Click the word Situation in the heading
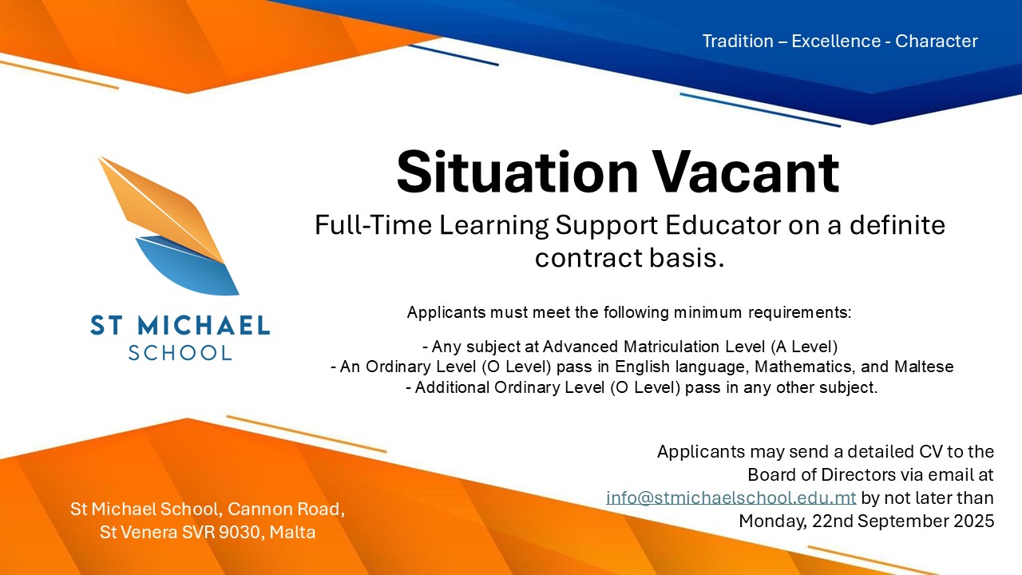point(517,172)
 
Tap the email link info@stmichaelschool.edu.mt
point(731,498)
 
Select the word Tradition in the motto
point(738,41)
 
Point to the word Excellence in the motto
point(836,41)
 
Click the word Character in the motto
point(937,41)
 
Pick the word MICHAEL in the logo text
point(204,325)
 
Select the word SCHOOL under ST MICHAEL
point(180,353)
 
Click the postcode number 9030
point(239,532)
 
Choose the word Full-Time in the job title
point(373,225)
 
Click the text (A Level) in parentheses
point(804,347)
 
